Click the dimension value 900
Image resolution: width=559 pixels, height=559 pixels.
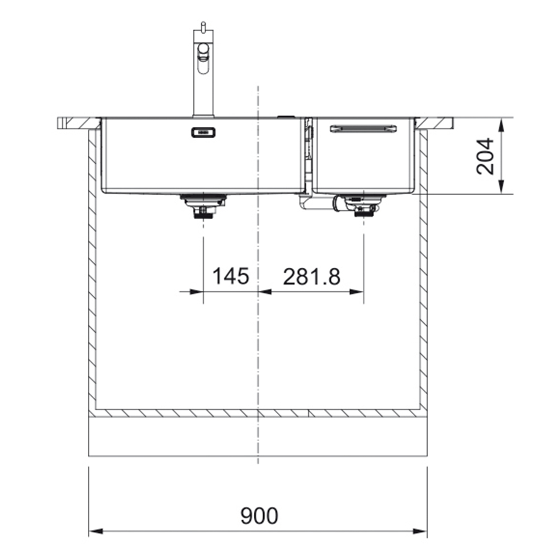(259, 515)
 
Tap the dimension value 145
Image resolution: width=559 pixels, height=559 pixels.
(231, 276)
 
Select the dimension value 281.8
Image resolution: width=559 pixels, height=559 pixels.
(311, 277)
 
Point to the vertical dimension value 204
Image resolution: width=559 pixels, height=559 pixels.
(485, 156)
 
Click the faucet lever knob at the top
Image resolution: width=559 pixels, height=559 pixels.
(203, 26)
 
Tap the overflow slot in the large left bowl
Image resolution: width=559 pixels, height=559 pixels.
(203, 132)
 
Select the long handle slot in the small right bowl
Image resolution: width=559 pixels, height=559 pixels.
(363, 129)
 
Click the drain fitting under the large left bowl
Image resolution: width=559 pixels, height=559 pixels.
(203, 206)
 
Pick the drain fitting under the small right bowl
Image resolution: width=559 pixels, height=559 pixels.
(364, 205)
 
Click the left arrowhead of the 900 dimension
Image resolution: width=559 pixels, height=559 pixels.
(96, 532)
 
